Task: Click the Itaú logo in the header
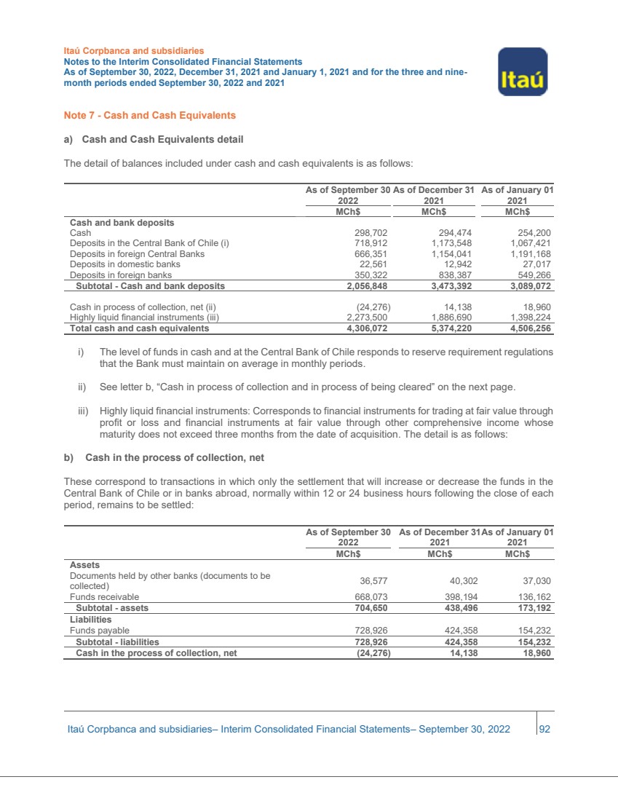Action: coord(523,71)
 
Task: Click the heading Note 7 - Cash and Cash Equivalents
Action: coord(150,115)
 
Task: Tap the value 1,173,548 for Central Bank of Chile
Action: coord(447,243)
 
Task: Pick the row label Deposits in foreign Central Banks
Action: coord(137,254)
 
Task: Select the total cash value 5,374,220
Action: coord(447,328)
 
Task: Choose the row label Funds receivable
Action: coord(103,596)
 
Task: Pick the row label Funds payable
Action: coord(99,630)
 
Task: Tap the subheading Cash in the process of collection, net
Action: coord(174,457)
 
